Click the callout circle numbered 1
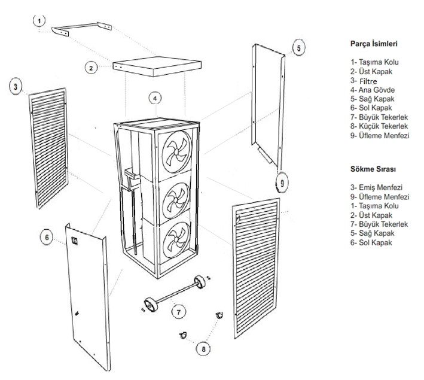coord(39,21)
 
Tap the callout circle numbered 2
coord(90,68)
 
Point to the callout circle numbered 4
coord(155,98)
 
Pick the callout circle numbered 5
coord(299,47)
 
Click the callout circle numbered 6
coord(45,238)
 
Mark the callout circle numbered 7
coord(177,311)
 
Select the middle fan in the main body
coord(176,193)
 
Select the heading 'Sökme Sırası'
coord(370,170)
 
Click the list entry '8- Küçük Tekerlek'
coord(379,126)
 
